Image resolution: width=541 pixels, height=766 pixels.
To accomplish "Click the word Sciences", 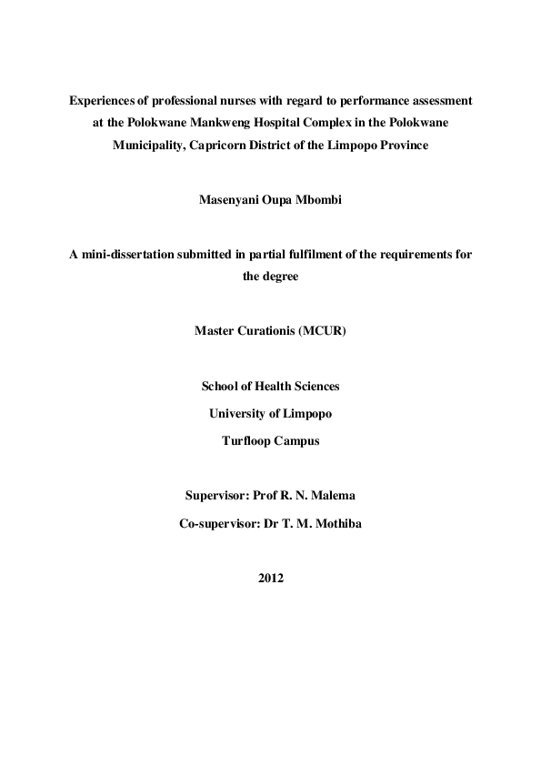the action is point(315,386).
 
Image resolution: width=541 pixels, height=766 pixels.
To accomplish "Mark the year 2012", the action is point(271,578).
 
